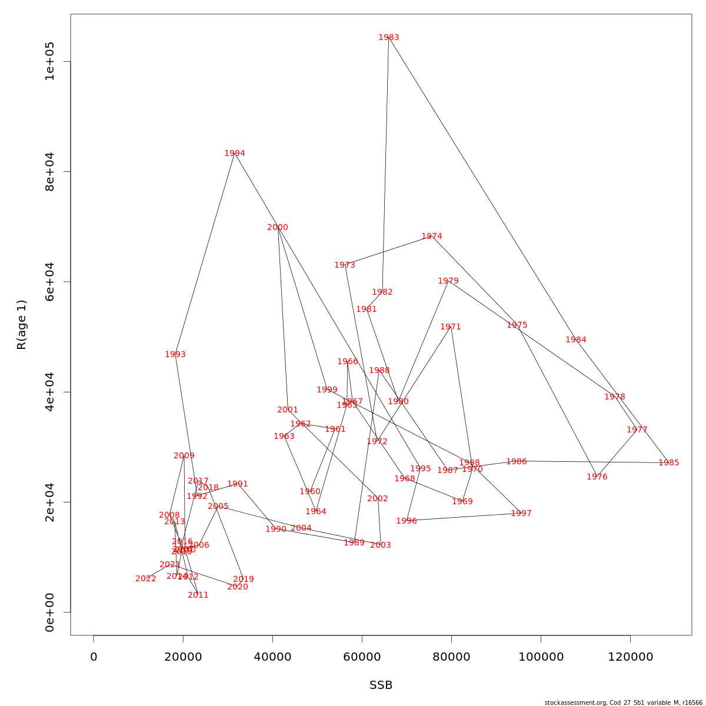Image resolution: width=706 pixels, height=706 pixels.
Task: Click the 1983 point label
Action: click(x=388, y=38)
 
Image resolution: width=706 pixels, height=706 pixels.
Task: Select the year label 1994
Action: click(x=234, y=154)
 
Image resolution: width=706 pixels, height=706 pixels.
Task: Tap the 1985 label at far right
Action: click(x=668, y=463)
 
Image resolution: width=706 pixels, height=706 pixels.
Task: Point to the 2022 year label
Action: click(x=146, y=579)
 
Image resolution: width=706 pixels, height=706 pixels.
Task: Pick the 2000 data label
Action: click(x=278, y=228)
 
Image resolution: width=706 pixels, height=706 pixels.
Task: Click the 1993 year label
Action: click(x=175, y=355)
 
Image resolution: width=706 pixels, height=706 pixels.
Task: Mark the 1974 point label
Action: click(x=431, y=237)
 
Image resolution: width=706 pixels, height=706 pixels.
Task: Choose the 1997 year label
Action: click(x=521, y=514)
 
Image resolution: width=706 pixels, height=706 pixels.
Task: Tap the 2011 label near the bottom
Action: click(x=198, y=595)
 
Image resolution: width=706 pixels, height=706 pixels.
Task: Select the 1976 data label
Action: click(x=597, y=477)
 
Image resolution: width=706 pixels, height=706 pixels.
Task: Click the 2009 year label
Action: click(x=184, y=456)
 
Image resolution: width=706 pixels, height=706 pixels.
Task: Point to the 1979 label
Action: click(x=448, y=281)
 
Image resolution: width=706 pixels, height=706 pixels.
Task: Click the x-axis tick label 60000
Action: click(x=362, y=657)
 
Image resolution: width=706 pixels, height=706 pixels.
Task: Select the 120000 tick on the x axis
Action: click(x=630, y=657)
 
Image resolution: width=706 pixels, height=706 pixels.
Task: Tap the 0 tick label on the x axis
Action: click(x=94, y=657)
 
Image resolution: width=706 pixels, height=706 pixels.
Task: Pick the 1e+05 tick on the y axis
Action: click(x=49, y=62)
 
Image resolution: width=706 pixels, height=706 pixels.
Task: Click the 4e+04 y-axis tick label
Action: click(x=49, y=392)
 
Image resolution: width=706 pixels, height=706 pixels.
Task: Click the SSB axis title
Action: click(x=381, y=685)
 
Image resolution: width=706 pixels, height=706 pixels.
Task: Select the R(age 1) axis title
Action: click(x=22, y=325)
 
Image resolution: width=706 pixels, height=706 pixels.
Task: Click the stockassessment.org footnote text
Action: click(x=623, y=702)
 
